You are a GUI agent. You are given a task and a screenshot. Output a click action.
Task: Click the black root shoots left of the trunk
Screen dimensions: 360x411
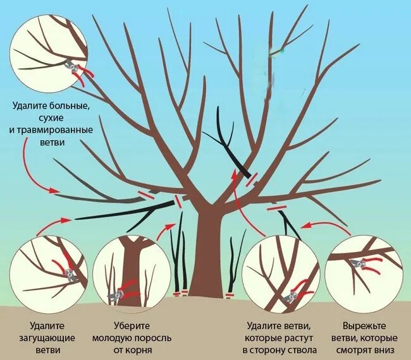(178, 259)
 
